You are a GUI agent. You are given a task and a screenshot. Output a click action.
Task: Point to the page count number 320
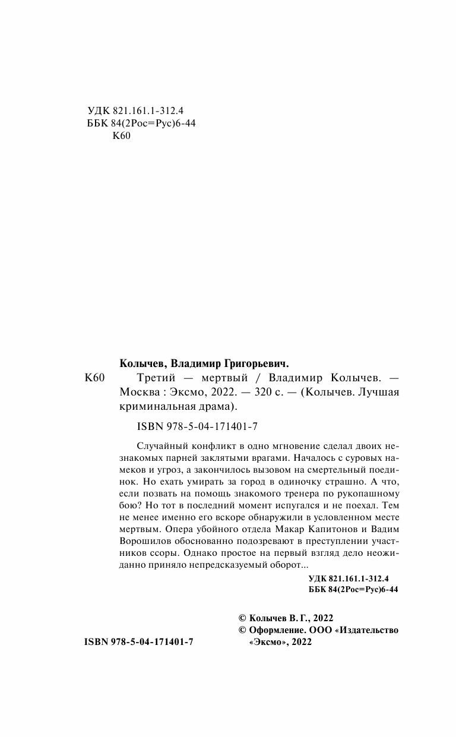[x=261, y=393]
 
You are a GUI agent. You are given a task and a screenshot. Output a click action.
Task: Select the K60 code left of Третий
[x=95, y=378]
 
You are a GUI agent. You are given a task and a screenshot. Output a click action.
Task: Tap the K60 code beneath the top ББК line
[x=121, y=136]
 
